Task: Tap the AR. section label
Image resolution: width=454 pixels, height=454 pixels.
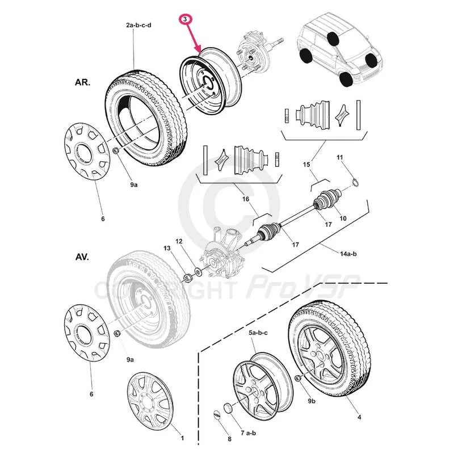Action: (x=83, y=81)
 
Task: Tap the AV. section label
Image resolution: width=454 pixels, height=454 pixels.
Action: (x=83, y=257)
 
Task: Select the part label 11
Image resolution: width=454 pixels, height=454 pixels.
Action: (x=340, y=157)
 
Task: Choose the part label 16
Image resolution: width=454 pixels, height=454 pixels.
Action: (x=246, y=199)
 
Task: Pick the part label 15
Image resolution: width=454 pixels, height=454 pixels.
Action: (x=306, y=165)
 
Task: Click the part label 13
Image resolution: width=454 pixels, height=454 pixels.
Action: (x=166, y=249)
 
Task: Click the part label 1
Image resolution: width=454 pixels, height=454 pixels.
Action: (x=182, y=438)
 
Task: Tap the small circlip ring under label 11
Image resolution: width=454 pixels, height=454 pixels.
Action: (x=355, y=182)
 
